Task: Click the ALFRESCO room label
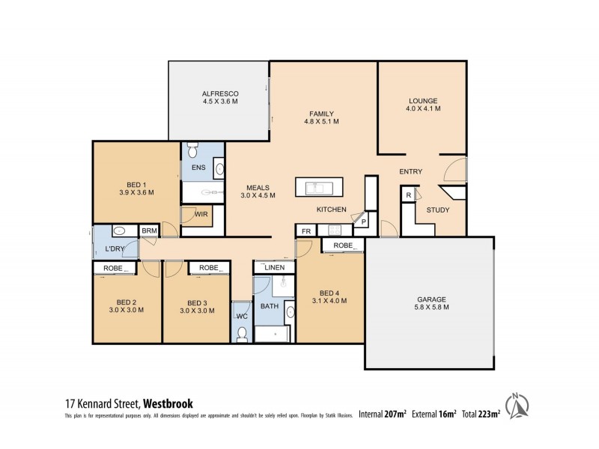tap(219, 94)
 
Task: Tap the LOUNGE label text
tap(423, 101)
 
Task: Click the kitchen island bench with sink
tap(320, 186)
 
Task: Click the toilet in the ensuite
tap(192, 152)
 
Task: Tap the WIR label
tap(201, 215)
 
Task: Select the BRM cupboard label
tap(150, 231)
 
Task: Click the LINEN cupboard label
tap(274, 267)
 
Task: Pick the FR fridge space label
tap(306, 231)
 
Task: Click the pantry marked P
tap(364, 222)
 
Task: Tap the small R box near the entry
tap(408, 196)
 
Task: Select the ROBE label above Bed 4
tap(343, 245)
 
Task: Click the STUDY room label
tap(438, 210)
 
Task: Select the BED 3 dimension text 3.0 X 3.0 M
tap(196, 313)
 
